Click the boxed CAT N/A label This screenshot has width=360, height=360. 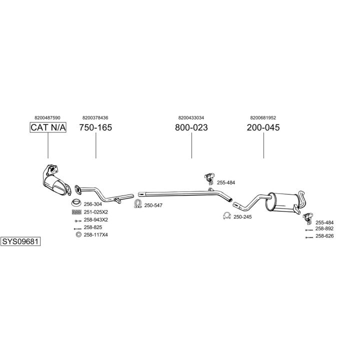[48, 127]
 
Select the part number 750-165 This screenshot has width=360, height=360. [95, 127]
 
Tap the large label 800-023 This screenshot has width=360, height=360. [191, 127]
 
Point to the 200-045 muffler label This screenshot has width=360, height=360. [263, 127]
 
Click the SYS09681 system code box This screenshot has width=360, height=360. [20, 241]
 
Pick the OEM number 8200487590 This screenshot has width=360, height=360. [48, 117]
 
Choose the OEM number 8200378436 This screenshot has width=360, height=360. [95, 117]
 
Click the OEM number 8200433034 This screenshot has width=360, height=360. [191, 117]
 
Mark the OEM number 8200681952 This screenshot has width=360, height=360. [263, 117]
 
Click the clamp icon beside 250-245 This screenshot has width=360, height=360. [226, 216]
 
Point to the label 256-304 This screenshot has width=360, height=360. [92, 204]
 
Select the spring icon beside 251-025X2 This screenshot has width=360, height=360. [76, 212]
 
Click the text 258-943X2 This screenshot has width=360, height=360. [96, 219]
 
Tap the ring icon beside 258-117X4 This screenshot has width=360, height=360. [77, 234]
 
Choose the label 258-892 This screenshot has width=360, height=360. [324, 228]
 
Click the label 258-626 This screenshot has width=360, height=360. [324, 236]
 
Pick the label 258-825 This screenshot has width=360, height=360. [92, 227]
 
